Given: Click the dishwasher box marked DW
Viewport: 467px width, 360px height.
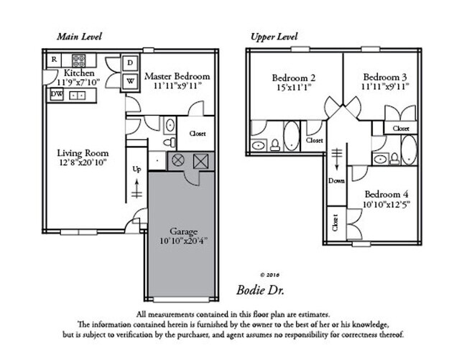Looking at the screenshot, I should [x=56, y=94].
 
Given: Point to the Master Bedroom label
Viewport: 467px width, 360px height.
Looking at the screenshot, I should [x=177, y=76].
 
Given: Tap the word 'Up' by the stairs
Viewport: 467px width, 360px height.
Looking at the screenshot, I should [x=137, y=170].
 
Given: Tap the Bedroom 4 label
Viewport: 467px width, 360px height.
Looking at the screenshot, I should [x=387, y=195].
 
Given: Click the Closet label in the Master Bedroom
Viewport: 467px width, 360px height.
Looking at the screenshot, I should [x=198, y=134].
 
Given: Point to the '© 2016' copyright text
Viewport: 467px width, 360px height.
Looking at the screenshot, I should [x=257, y=274].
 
